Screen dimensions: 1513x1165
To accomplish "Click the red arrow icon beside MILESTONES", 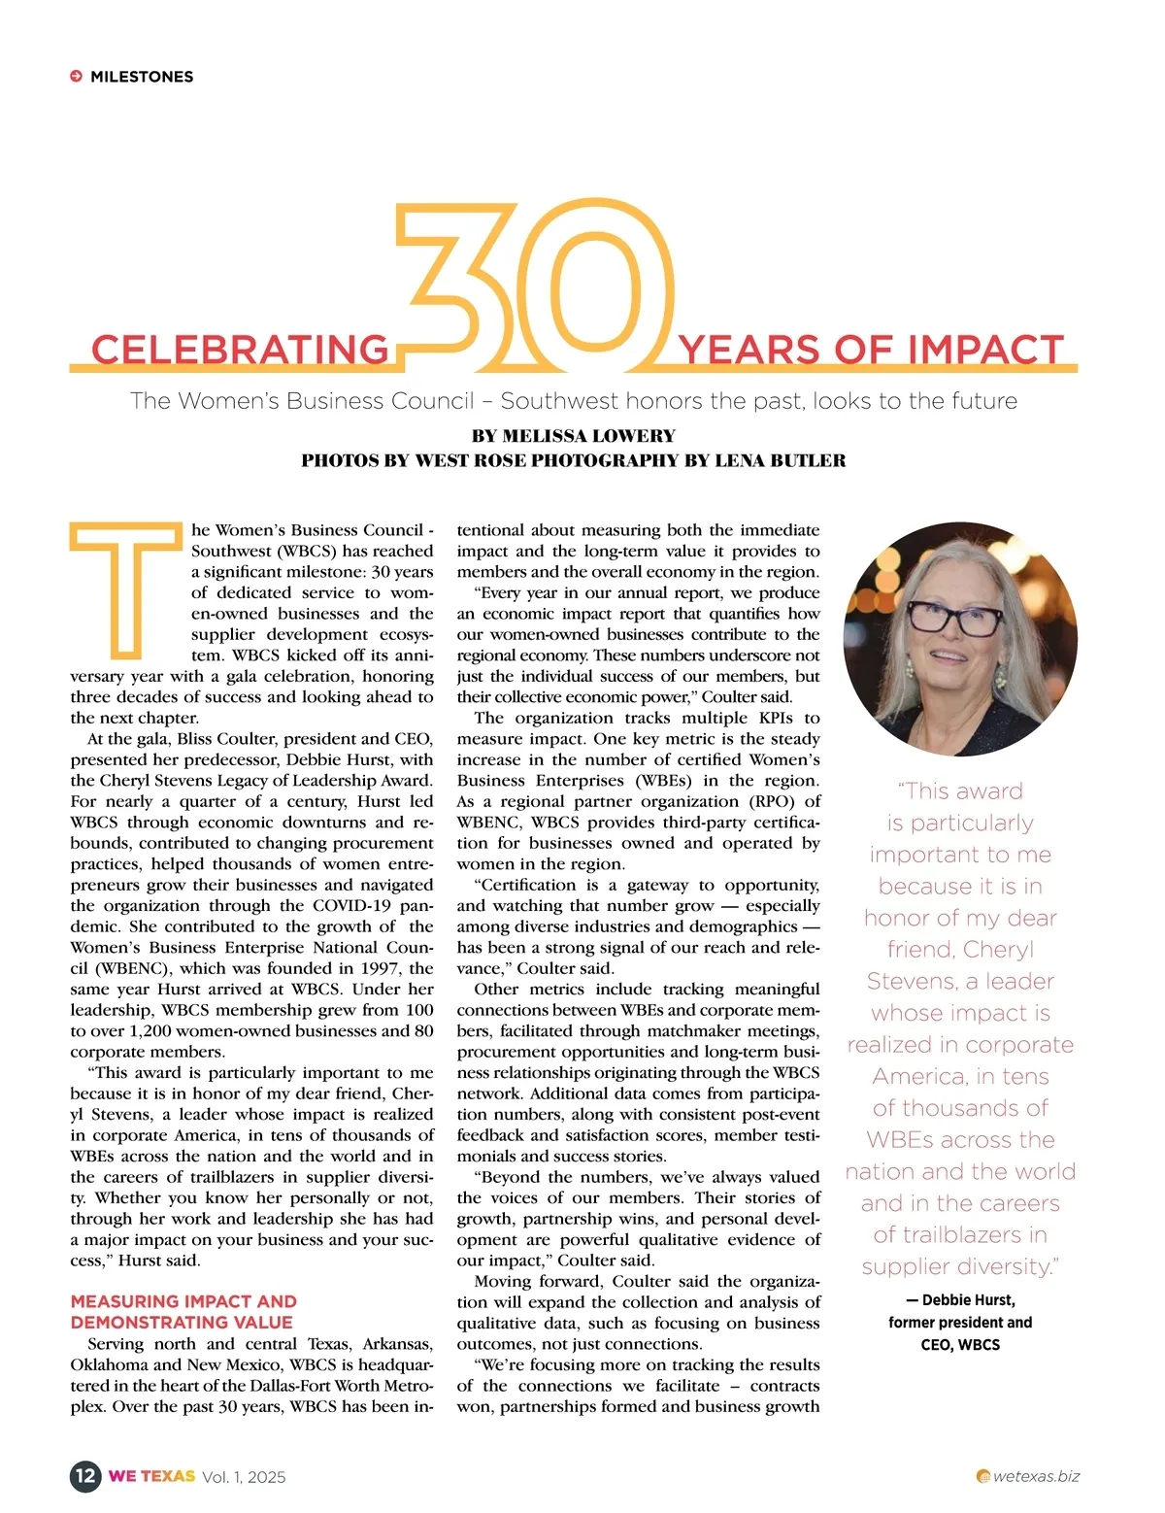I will tap(76, 77).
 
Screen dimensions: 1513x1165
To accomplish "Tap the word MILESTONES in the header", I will tap(142, 77).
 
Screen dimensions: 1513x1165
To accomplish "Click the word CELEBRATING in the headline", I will tap(240, 350).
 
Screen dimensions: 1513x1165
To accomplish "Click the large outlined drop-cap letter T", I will tap(126, 588).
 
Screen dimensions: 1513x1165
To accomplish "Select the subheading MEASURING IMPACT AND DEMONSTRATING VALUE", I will tap(183, 1312).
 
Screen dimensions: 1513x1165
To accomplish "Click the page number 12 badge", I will tap(85, 1476).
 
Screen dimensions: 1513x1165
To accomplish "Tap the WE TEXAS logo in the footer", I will tap(151, 1476).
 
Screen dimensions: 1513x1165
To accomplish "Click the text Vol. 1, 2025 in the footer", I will tap(244, 1477).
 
